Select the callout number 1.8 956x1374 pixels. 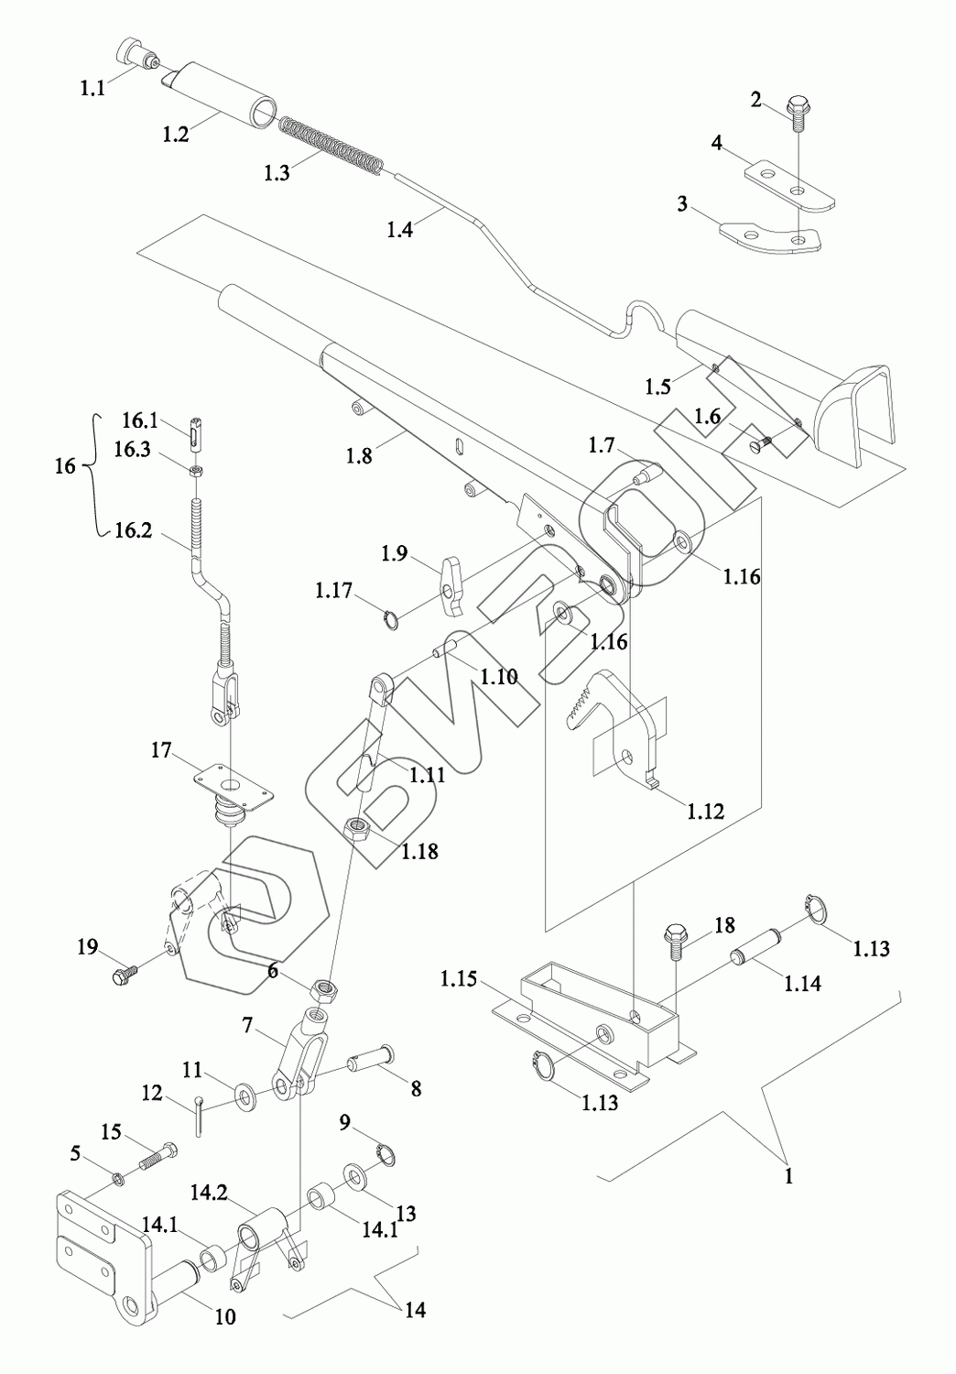click(360, 454)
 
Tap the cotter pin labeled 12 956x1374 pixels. click(199, 1115)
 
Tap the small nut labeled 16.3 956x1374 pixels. click(196, 472)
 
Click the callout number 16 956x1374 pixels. click(65, 465)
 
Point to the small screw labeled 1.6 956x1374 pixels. click(759, 444)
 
